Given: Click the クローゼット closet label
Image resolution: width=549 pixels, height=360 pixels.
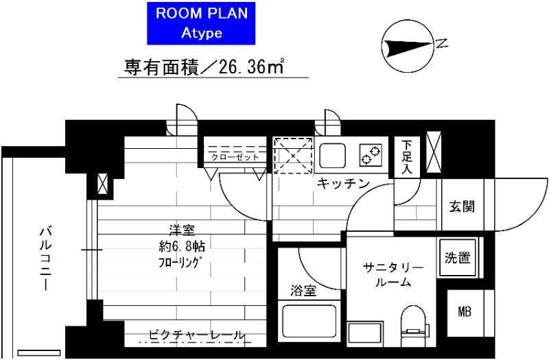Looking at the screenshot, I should coord(235,157).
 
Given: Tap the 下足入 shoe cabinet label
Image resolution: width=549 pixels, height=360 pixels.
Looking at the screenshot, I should coord(408,157).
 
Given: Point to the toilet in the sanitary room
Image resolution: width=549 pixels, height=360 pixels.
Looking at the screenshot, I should coord(413,326).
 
